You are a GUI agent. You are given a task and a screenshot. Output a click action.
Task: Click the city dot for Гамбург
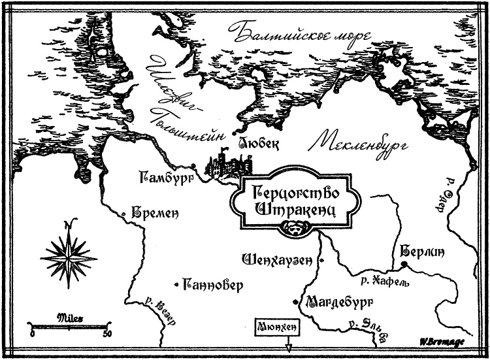(x=194, y=166)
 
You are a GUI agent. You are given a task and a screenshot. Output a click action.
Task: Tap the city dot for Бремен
(x=125, y=214)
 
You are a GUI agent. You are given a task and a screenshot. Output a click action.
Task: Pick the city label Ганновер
(x=214, y=285)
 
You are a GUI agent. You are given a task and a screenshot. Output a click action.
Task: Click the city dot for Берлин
(x=403, y=264)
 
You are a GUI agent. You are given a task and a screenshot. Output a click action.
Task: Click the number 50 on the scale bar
(x=106, y=334)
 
